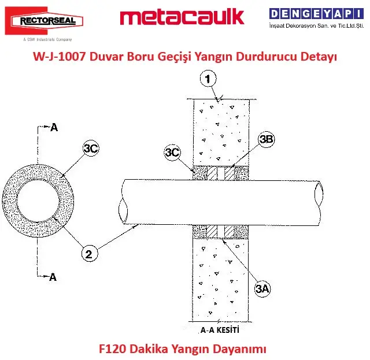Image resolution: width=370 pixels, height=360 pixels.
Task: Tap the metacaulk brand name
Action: click(182, 17)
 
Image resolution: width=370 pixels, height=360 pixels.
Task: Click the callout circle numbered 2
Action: click(88, 253)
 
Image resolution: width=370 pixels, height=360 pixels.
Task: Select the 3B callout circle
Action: click(267, 139)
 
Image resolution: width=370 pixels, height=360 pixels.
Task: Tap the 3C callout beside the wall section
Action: click(172, 152)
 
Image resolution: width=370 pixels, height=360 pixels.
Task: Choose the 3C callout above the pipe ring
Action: click(91, 149)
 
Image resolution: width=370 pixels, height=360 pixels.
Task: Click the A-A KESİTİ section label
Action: click(220, 331)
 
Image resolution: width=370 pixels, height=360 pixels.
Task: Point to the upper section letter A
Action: click(54, 128)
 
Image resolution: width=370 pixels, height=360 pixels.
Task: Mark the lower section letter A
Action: click(53, 277)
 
